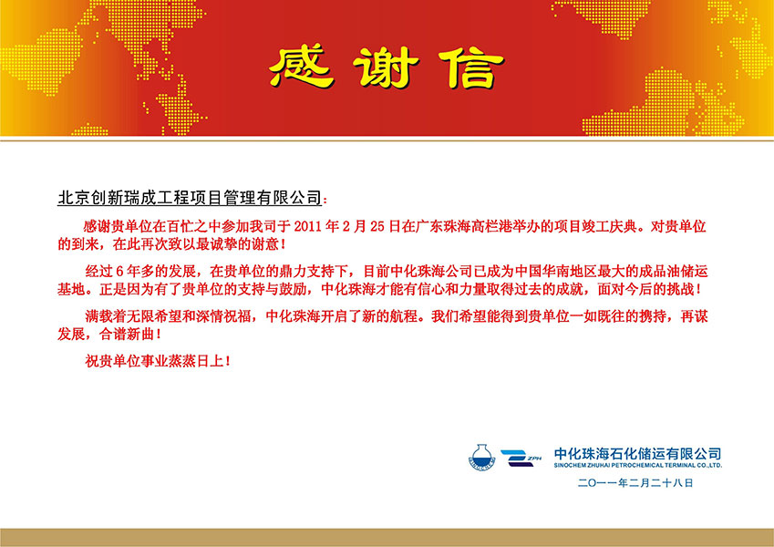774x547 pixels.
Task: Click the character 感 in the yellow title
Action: (302, 67)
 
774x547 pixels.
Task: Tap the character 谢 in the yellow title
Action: (386, 67)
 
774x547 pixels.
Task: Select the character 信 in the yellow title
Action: (471, 68)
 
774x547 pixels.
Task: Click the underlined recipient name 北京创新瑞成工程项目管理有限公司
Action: (190, 198)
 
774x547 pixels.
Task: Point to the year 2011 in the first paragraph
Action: (307, 227)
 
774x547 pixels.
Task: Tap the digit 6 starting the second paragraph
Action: (119, 272)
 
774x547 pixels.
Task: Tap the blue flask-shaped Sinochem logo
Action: (481, 458)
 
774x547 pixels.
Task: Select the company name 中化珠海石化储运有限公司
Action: (637, 453)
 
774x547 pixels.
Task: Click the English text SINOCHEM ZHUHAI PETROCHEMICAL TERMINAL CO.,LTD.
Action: (637, 465)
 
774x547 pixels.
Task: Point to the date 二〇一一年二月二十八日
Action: (635, 483)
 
